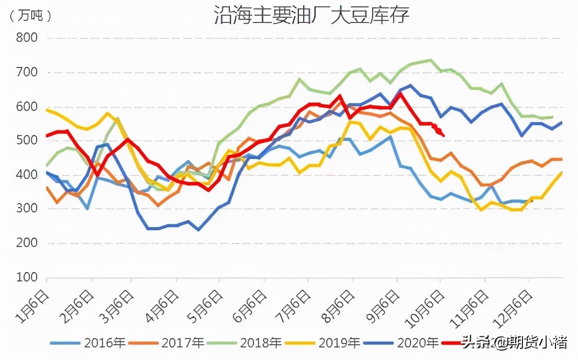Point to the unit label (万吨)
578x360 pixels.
tap(30, 16)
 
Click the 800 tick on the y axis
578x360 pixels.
tap(26, 38)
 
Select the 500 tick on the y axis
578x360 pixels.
tap(26, 140)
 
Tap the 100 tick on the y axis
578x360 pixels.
tap(26, 277)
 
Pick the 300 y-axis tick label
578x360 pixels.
tap(26, 209)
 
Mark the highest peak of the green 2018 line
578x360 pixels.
tap(430, 60)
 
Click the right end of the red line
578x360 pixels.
tap(444, 136)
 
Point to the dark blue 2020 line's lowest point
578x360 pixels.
tap(198, 230)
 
